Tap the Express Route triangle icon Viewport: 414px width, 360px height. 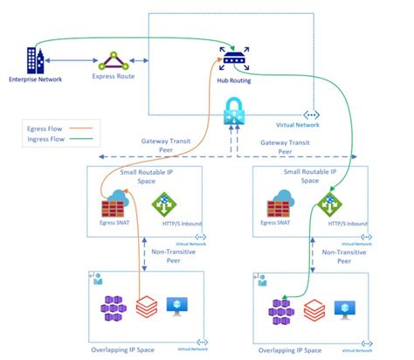[x=114, y=61]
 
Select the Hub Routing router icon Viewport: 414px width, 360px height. [x=234, y=59]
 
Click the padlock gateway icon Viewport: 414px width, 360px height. [x=235, y=110]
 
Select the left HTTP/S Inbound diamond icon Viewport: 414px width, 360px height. [x=165, y=206]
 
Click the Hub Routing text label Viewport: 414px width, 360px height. [x=233, y=78]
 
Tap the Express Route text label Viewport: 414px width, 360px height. [x=114, y=78]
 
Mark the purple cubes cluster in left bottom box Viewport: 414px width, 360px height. [x=116, y=308]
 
